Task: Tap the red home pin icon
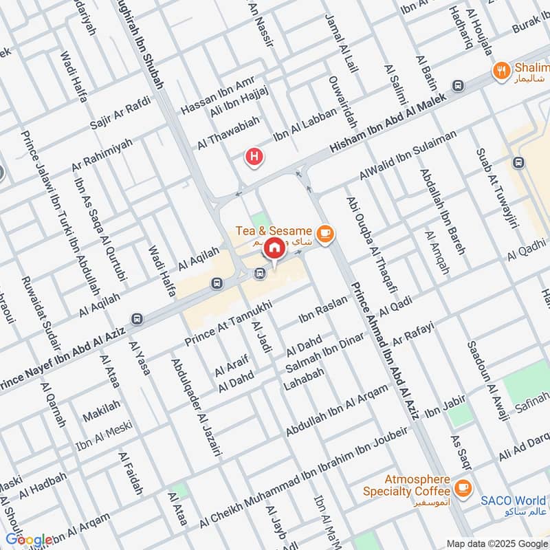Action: [274, 248]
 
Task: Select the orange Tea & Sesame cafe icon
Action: [325, 234]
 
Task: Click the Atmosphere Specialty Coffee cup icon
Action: [463, 487]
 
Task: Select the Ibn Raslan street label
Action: [324, 311]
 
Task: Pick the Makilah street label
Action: [101, 410]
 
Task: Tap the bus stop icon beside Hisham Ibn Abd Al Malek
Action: [459, 85]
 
